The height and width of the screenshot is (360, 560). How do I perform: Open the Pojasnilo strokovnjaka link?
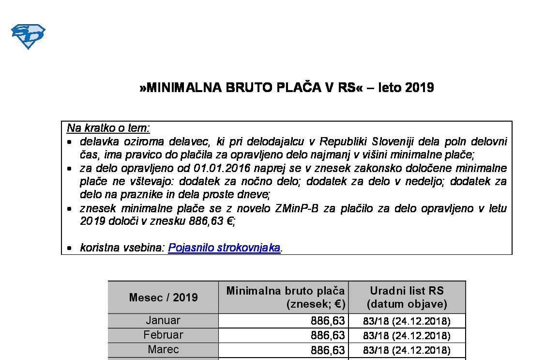point(224,248)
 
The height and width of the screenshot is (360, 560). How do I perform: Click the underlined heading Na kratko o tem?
point(108,128)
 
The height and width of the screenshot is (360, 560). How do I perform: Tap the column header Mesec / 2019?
point(163,297)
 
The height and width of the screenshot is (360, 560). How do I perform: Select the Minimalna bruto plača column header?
point(286,297)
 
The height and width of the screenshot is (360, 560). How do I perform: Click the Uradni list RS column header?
point(407,297)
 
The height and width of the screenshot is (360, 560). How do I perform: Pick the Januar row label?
point(163,321)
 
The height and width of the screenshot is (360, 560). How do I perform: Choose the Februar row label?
point(163,335)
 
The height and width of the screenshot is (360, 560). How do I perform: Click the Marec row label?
point(163,350)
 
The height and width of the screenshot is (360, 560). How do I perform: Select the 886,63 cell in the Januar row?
point(328,321)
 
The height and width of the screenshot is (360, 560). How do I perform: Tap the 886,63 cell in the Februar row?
point(328,336)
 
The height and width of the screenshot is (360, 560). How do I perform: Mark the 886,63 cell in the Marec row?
point(328,350)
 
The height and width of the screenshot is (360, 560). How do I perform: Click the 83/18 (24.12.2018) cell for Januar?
point(407,321)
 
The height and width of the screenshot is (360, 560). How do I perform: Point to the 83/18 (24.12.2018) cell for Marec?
point(407,350)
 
